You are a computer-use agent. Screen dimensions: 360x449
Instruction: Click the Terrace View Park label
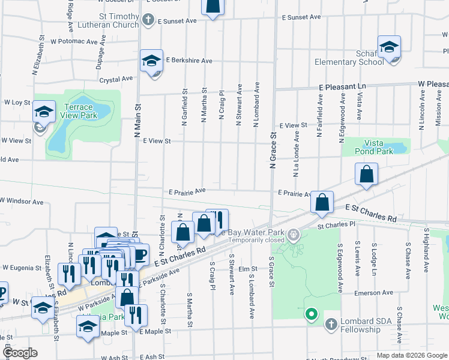80,111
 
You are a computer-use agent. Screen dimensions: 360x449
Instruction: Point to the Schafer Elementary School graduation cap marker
389,47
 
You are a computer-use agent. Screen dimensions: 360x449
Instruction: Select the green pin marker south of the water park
311,314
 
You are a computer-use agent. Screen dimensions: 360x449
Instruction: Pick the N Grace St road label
273,154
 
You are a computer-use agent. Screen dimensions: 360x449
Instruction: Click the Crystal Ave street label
116,79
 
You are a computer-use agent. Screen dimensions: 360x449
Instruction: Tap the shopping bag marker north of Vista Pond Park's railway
366,175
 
